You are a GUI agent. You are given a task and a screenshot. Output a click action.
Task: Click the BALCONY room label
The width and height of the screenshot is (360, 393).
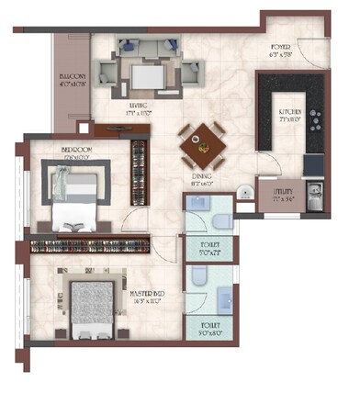pyautogui.click(x=73, y=77)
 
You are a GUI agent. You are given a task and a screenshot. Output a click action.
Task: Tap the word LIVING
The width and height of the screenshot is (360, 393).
pyautogui.click(x=140, y=106)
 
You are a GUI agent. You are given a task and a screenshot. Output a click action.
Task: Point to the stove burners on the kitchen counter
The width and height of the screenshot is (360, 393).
pyautogui.click(x=316, y=118)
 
